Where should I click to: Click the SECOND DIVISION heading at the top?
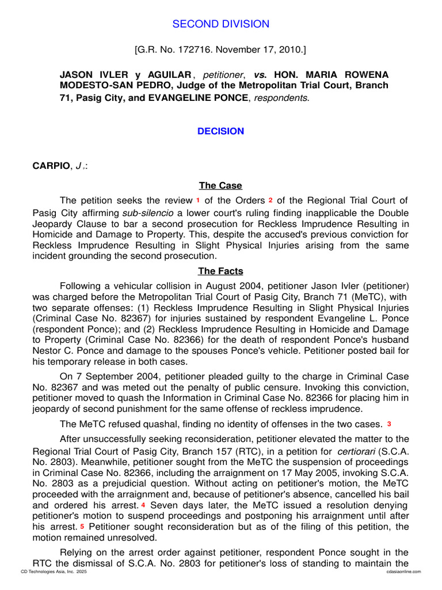click(221, 24)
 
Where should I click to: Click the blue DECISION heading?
click(220, 131)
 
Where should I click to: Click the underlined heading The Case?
click(220, 186)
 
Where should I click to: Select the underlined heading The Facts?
click(220, 271)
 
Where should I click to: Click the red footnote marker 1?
click(198, 200)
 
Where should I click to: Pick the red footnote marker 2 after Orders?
click(270, 200)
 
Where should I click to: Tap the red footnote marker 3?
click(389, 423)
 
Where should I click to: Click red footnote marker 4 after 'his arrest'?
click(143, 504)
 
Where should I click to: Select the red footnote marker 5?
click(82, 526)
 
